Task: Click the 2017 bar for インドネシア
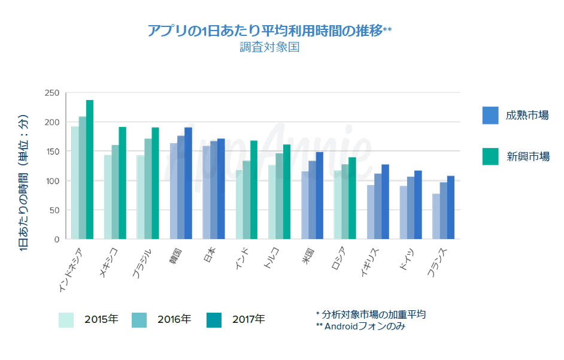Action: tap(90, 170)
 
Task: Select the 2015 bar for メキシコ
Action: tap(108, 197)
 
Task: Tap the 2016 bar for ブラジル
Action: tap(148, 189)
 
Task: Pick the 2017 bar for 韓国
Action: tap(188, 183)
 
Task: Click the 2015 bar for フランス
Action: tap(435, 216)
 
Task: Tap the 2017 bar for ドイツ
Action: tap(418, 205)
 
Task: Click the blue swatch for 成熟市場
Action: tap(490, 115)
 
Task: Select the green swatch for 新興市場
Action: tap(490, 156)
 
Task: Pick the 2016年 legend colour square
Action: tap(138, 320)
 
